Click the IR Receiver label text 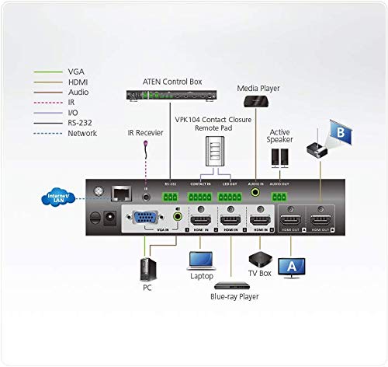(146, 133)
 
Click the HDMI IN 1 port (201, 220)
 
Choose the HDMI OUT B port (319, 220)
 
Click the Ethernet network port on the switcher (120, 192)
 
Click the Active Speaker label (280, 137)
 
